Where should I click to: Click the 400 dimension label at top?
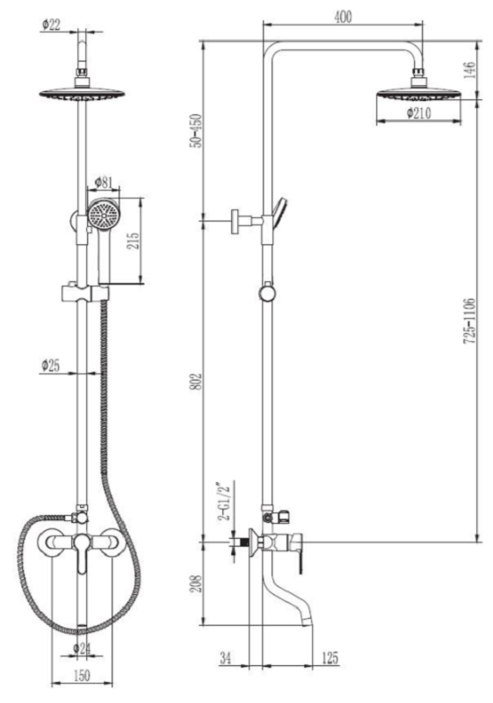click(344, 17)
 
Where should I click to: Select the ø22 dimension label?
click(51, 25)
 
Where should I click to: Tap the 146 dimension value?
click(469, 70)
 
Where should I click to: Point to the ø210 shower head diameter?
click(419, 113)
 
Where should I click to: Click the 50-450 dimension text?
click(196, 130)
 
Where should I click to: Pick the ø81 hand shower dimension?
click(104, 183)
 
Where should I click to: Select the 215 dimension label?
click(134, 241)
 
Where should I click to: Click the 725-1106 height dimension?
click(469, 321)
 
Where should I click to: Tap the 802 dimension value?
click(196, 381)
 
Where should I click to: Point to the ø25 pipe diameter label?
click(51, 366)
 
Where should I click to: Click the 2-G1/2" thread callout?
click(223, 501)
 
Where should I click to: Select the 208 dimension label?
click(196, 583)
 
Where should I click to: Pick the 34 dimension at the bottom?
click(226, 657)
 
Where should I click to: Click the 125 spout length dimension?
click(330, 657)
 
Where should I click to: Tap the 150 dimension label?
click(81, 675)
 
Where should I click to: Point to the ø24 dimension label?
click(82, 648)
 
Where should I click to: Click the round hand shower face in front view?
click(104, 214)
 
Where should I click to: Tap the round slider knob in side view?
click(267, 294)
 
